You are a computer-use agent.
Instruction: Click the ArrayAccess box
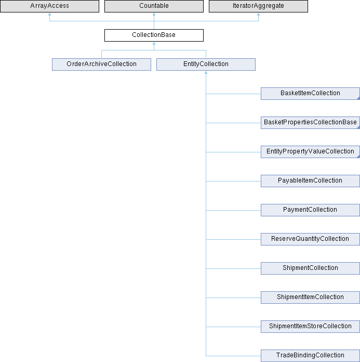pos(49,6)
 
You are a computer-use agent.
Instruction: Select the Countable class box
pos(154,6)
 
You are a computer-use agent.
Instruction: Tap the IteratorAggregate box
pos(258,6)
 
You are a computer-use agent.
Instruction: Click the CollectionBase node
pos(154,35)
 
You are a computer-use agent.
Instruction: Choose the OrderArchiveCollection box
pos(101,64)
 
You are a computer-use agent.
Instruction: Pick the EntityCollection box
pos(206,64)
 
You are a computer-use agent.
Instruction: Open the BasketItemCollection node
pos(310,94)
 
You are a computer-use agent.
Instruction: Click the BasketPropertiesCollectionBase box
pos(310,123)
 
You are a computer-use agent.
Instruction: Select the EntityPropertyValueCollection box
pos(310,152)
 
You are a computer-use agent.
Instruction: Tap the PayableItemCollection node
pos(310,181)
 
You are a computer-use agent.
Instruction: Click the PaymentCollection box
pos(310,210)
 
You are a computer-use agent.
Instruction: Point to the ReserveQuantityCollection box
pos(310,239)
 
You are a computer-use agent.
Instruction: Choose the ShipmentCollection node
pos(310,268)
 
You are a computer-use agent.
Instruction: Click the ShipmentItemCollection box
pos(310,297)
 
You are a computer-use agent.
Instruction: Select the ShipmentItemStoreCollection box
pos(310,326)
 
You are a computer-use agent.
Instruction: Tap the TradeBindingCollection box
pos(310,356)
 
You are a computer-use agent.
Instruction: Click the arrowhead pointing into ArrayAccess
pos(49,14)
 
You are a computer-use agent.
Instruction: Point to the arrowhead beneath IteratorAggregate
pos(258,14)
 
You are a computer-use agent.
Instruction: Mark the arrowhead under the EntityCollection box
pos(206,72)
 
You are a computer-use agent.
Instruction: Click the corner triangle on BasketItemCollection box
pos(358,99)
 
